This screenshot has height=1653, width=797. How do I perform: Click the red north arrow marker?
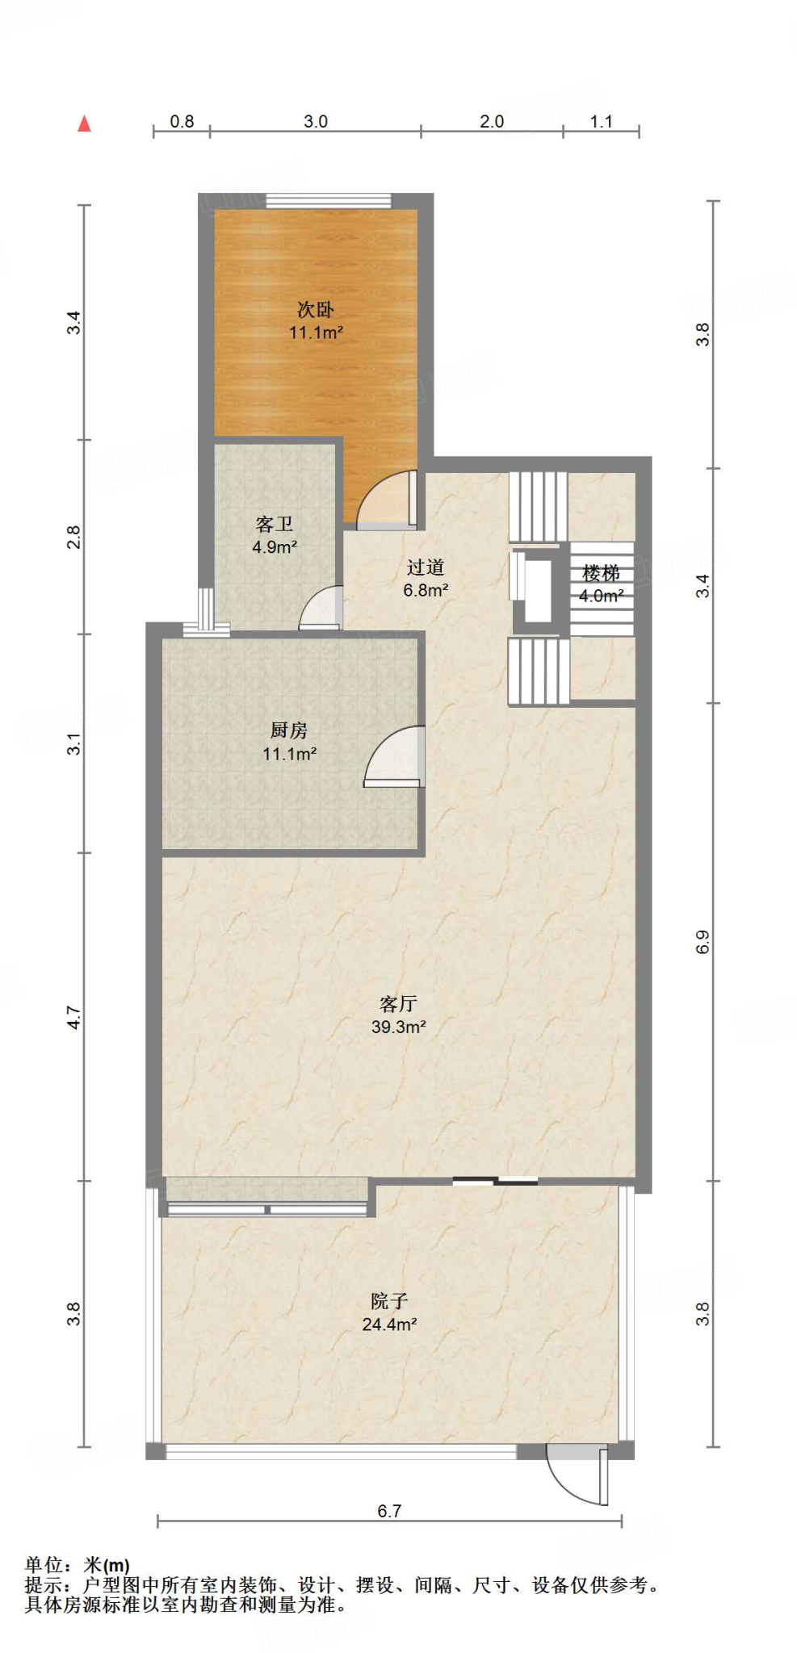click(x=84, y=123)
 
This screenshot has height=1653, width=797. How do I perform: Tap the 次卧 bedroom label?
click(x=316, y=309)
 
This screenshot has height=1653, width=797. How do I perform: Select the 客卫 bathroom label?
click(x=275, y=525)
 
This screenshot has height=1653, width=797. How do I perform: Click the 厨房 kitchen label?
click(x=289, y=730)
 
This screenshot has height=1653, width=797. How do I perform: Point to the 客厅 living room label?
click(x=398, y=1004)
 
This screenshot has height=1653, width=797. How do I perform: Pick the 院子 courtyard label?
click(x=389, y=1301)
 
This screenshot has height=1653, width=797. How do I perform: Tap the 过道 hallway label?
click(x=426, y=567)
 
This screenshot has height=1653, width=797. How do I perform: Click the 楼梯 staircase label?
click(x=602, y=573)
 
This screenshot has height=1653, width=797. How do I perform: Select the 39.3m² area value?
click(x=398, y=1027)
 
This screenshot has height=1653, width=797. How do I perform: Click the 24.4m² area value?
click(x=389, y=1324)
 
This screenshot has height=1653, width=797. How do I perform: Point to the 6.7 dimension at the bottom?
click(x=389, y=1511)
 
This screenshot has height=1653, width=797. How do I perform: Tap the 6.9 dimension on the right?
click(x=703, y=942)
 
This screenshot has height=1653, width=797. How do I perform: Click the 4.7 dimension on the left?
click(x=74, y=1017)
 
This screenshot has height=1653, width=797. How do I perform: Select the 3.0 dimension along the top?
click(x=316, y=121)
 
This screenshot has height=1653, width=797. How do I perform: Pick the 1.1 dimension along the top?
click(x=602, y=121)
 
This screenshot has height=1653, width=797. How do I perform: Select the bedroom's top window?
click(x=328, y=200)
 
